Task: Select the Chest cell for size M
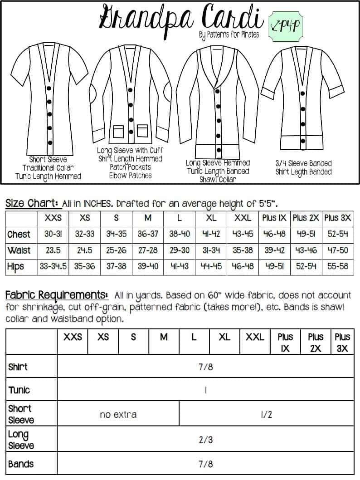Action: tap(148, 235)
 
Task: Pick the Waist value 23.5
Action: tap(54, 250)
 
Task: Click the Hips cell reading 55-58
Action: tap(338, 266)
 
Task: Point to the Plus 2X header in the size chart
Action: tap(306, 218)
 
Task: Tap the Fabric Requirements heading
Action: tap(56, 295)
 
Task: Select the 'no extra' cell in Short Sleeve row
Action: tap(118, 414)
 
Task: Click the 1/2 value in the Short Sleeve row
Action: tap(267, 414)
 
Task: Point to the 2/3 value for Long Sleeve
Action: tap(205, 439)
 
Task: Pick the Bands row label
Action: tap(21, 464)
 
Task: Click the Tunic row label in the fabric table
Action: tap(19, 390)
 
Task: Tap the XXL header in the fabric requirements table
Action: tap(255, 337)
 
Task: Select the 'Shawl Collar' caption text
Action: tap(218, 179)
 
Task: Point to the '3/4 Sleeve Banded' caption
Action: tap(303, 163)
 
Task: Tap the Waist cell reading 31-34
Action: tap(211, 250)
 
